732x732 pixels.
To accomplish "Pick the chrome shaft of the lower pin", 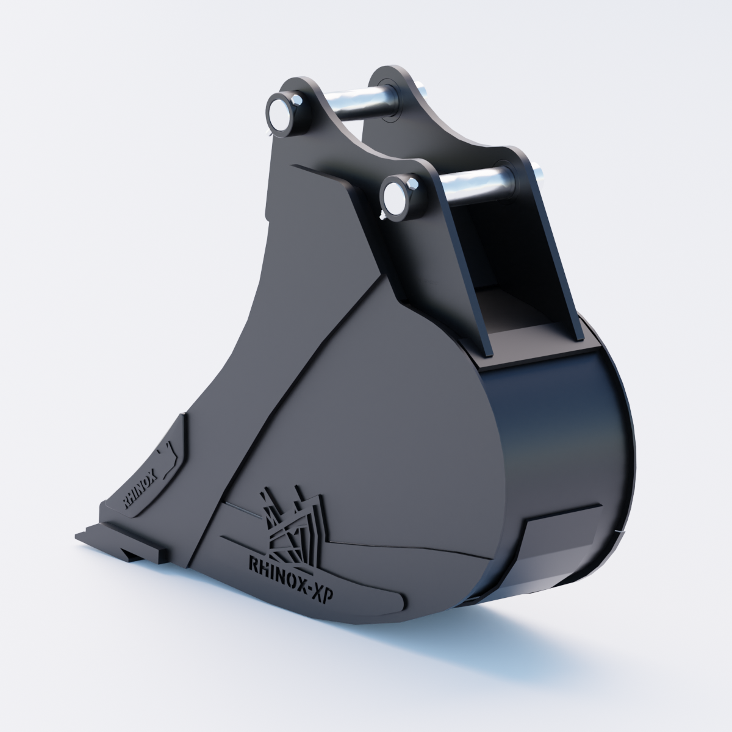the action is coord(475,186).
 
